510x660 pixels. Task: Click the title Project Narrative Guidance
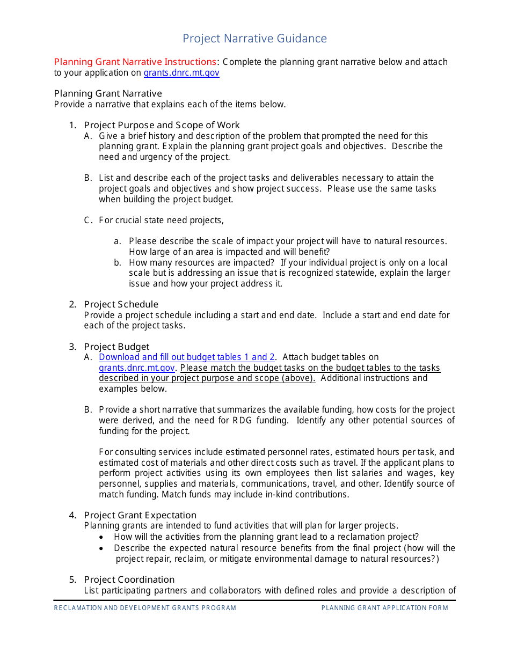click(x=254, y=39)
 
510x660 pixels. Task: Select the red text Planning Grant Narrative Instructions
click(x=135, y=62)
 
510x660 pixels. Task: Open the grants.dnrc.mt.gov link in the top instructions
click(x=181, y=73)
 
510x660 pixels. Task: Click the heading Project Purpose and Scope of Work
click(x=162, y=125)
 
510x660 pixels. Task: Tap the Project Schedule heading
click(x=121, y=304)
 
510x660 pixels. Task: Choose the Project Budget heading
click(x=116, y=347)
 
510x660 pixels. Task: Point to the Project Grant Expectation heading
click(x=140, y=515)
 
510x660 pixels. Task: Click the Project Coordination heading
click(x=129, y=580)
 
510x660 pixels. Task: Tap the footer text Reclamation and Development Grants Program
click(x=145, y=608)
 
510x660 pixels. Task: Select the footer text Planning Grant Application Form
click(x=384, y=608)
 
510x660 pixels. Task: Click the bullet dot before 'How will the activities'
click(x=102, y=537)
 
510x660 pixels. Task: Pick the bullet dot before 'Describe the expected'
click(x=102, y=548)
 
